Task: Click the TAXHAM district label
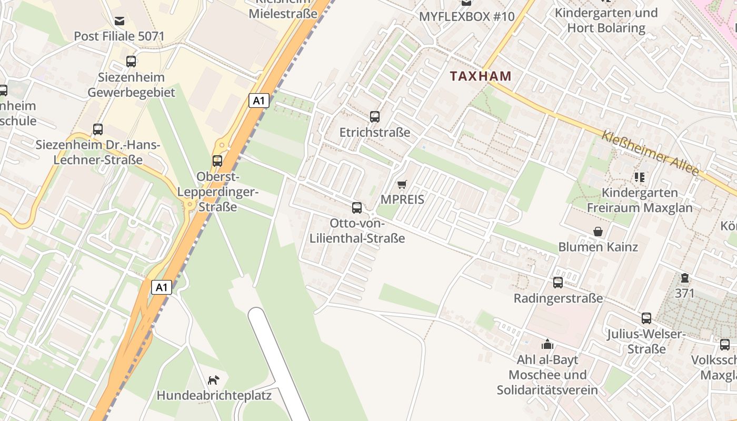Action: coord(481,76)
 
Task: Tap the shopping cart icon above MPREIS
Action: coord(402,184)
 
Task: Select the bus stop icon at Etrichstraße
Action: coord(375,117)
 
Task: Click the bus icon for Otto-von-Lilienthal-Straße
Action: coord(357,208)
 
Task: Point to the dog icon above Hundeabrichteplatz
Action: coord(213,380)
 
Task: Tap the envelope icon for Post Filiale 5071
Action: coord(119,21)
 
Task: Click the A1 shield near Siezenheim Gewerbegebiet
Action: coord(258,101)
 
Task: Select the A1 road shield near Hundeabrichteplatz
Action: coord(162,287)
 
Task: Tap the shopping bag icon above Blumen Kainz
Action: coord(598,232)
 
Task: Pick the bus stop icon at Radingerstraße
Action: coord(558,283)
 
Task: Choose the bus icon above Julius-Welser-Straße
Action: coord(646,318)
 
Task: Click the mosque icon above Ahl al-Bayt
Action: coord(547,344)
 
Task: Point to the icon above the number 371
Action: coord(684,278)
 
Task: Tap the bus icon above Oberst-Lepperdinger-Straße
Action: coord(217,161)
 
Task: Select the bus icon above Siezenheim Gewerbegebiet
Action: coord(131,62)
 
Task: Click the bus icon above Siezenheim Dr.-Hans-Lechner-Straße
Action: coord(98,129)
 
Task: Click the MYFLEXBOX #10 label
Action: coord(466,16)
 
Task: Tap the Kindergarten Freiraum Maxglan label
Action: coord(640,200)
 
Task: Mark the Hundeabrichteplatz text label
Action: coord(214,395)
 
